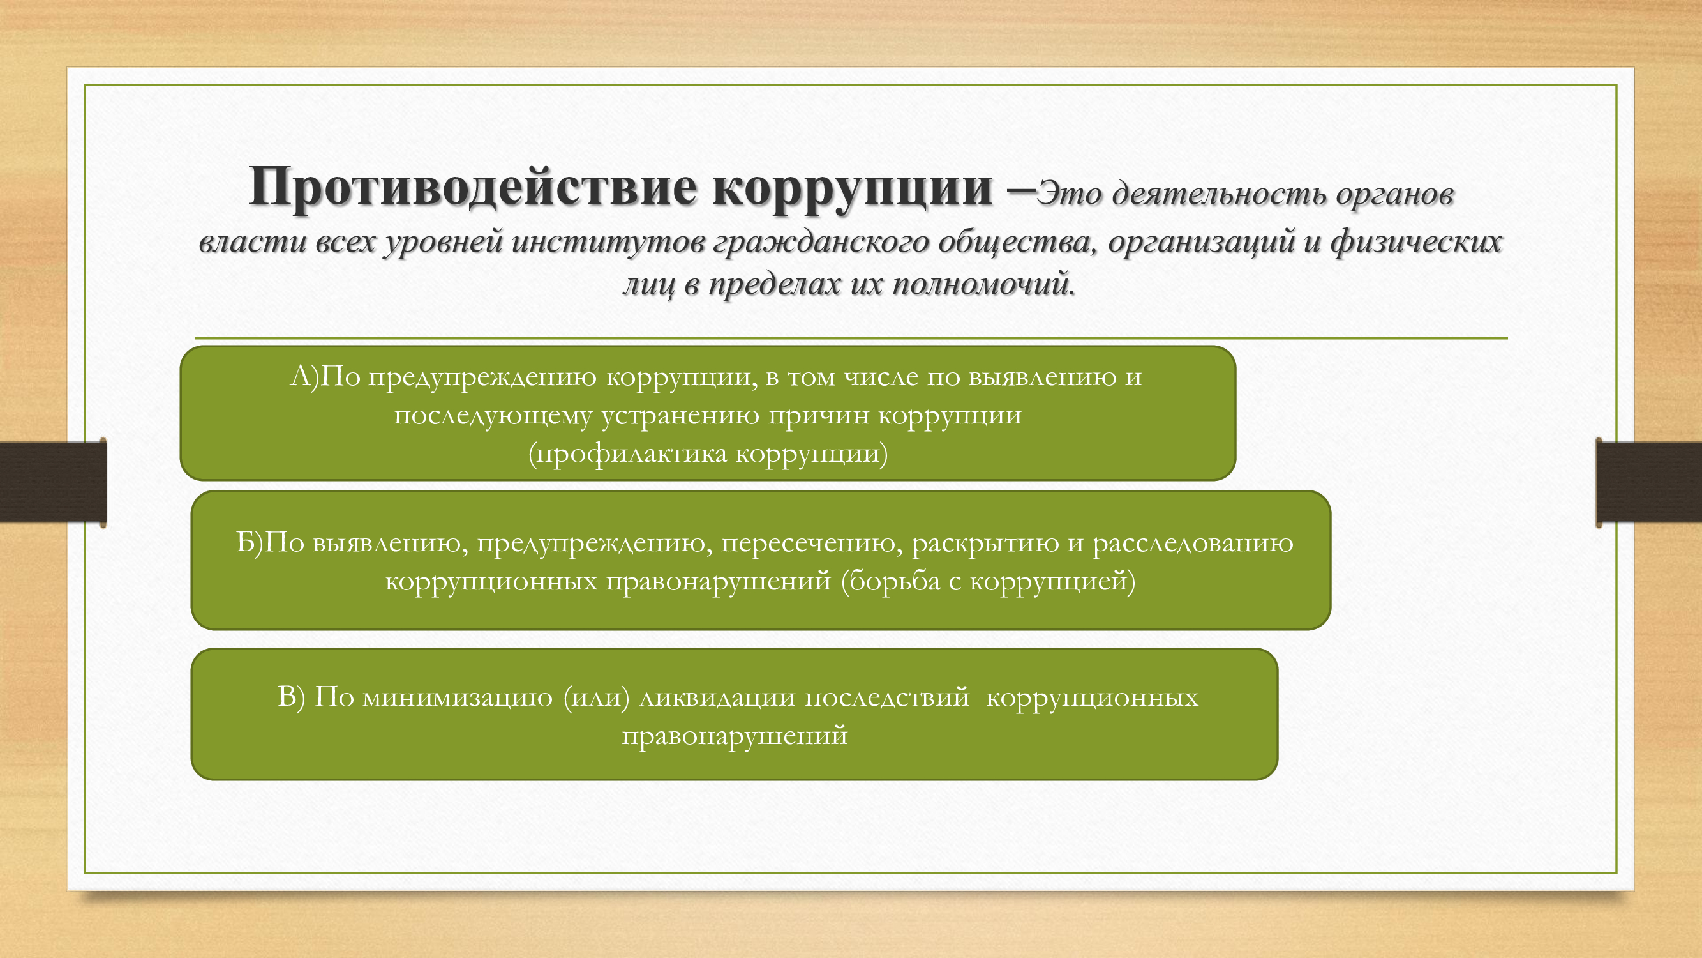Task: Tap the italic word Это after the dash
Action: pos(1069,194)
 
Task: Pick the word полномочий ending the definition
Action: pos(985,284)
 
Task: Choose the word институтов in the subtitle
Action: pos(609,241)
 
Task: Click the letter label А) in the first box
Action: pos(305,376)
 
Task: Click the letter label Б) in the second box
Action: pos(250,542)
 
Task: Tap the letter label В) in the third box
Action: pos(292,697)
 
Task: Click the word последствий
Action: pos(886,697)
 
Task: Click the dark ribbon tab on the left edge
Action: pos(53,482)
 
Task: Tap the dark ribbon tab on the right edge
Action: pos(1648,482)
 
